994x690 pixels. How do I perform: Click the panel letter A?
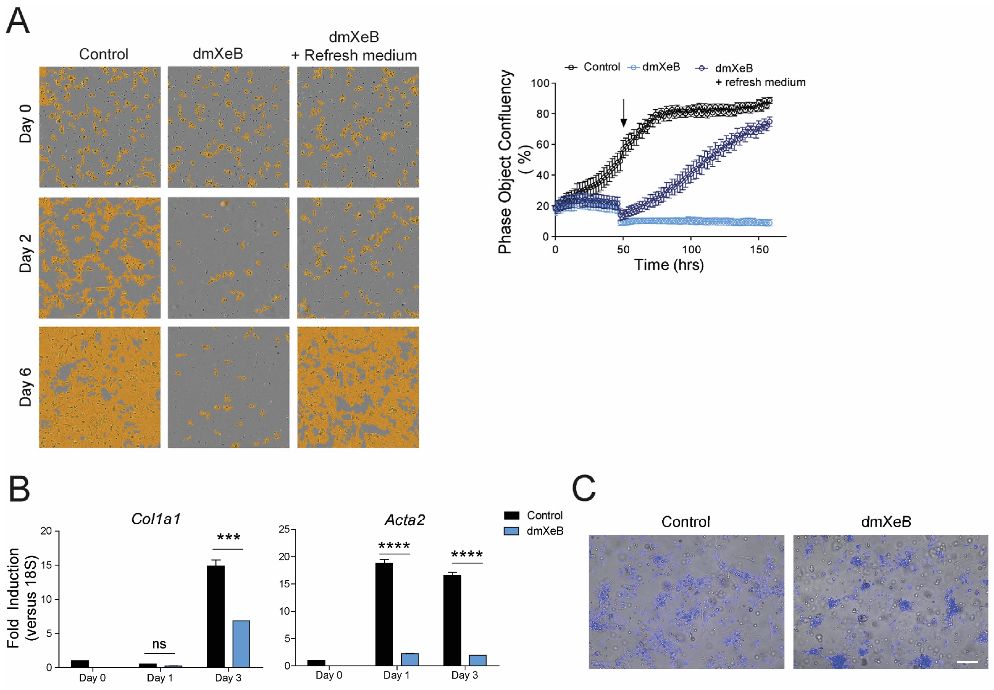18,20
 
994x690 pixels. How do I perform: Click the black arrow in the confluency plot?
623,113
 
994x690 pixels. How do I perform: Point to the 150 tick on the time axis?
759,250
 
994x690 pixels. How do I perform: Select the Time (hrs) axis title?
669,265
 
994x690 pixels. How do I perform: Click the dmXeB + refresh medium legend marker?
701,68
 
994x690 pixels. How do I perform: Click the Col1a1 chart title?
156,519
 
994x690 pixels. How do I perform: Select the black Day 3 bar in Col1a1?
215,616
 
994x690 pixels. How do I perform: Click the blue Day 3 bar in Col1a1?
241,644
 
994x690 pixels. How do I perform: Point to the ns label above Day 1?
159,644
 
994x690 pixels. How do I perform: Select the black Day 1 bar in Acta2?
384,614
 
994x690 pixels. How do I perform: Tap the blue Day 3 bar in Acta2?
477,660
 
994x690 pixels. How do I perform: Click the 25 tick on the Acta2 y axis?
284,529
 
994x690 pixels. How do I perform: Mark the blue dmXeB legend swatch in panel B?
511,531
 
